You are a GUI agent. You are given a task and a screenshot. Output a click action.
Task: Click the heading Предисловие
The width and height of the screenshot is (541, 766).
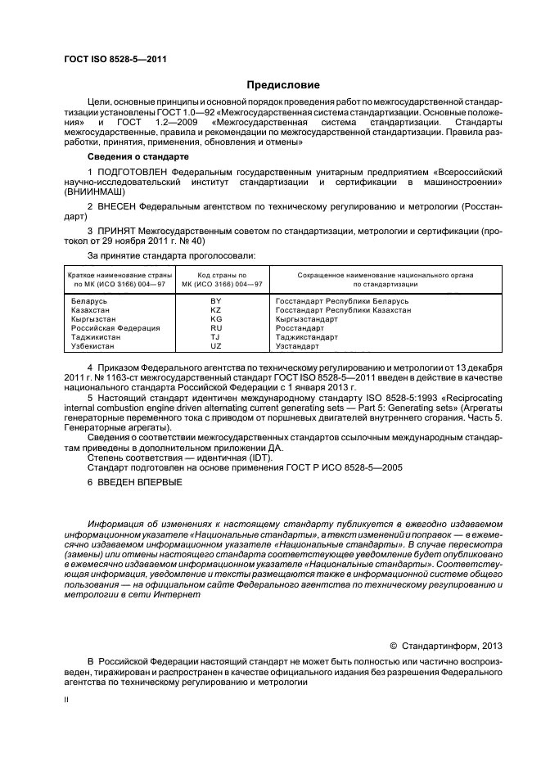pyautogui.click(x=283, y=85)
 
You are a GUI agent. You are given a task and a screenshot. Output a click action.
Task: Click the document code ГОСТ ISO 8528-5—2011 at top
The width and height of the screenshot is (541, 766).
pyautogui.click(x=108, y=58)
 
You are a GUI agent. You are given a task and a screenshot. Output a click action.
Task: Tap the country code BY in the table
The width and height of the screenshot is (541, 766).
pyautogui.click(x=216, y=302)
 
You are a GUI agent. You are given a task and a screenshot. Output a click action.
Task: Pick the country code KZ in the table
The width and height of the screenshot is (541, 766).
pyautogui.click(x=216, y=311)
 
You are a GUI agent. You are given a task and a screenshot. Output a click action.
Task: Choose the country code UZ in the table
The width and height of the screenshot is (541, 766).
pyautogui.click(x=216, y=346)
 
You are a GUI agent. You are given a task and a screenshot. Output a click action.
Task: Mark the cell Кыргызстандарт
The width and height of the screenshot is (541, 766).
pyautogui.click(x=311, y=320)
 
